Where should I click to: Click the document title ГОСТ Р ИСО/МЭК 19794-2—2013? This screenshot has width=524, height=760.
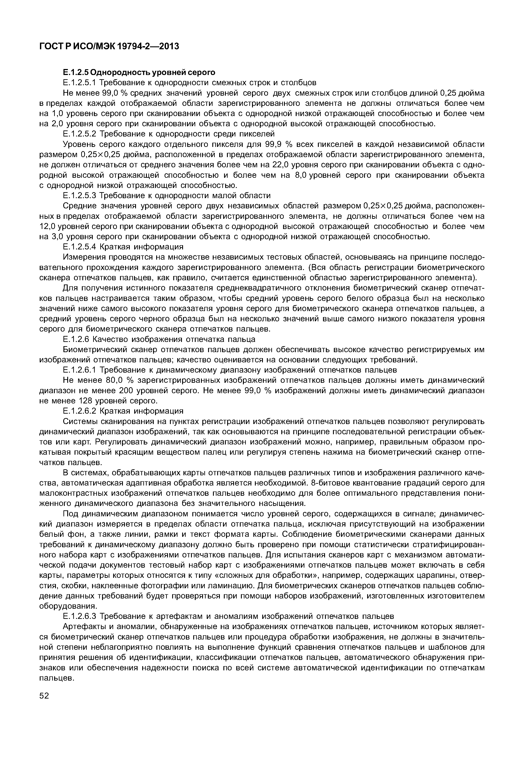click(x=109, y=46)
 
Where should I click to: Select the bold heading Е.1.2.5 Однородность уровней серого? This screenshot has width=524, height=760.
click(x=139, y=72)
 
